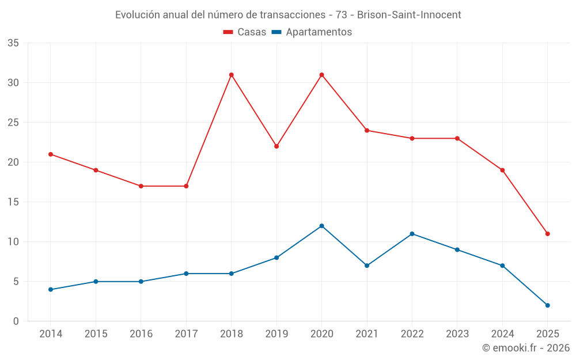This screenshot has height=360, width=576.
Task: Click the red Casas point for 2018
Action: click(231, 75)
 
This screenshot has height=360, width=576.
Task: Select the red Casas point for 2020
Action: click(321, 75)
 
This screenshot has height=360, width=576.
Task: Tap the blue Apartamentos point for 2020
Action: click(321, 226)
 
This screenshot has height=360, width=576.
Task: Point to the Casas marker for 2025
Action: click(547, 234)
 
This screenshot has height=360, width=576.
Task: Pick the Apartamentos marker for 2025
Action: click(547, 305)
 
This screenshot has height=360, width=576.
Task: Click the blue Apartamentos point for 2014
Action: click(51, 289)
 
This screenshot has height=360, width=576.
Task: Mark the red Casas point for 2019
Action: click(276, 146)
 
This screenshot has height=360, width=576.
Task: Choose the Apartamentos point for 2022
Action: click(412, 234)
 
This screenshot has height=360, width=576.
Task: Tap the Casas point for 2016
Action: click(141, 186)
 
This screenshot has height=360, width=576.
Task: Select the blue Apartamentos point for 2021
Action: click(367, 266)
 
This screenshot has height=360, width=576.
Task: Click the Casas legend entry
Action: click(245, 32)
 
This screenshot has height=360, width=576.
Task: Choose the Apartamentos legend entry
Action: click(312, 32)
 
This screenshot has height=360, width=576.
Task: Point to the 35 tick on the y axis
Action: click(13, 43)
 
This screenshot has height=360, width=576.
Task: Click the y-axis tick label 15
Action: click(13, 202)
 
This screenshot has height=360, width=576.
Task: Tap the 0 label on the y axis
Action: click(16, 321)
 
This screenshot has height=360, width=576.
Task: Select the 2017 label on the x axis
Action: click(186, 334)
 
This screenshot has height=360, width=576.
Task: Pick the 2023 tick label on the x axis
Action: click(457, 334)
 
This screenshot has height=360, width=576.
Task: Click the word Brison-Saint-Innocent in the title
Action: click(409, 15)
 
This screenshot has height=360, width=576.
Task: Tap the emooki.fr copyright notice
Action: click(525, 348)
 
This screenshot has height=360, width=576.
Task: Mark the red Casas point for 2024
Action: click(502, 170)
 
